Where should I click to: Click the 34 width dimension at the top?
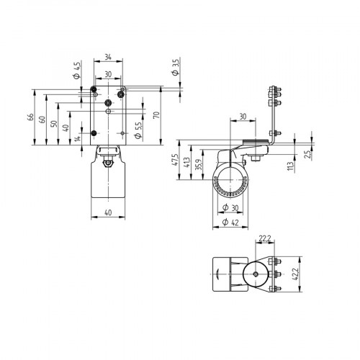click(x=107, y=56)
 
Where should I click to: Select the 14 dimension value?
click(x=76, y=138)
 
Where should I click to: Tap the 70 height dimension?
click(x=156, y=114)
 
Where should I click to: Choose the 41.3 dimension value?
click(x=187, y=163)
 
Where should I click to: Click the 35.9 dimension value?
click(x=199, y=165)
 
